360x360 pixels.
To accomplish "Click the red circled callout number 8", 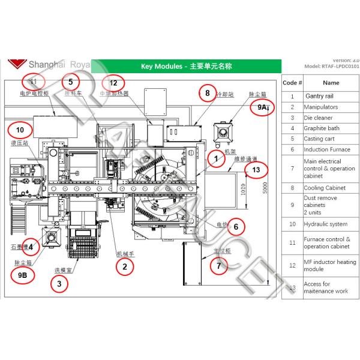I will click(x=207, y=94).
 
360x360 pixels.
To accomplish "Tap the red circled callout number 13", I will click(x=256, y=170).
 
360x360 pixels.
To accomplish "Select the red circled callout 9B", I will click(x=23, y=275).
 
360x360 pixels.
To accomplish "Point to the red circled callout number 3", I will click(x=58, y=284).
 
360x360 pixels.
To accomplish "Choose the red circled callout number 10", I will click(x=19, y=129).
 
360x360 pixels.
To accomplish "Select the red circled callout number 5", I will click(x=70, y=82).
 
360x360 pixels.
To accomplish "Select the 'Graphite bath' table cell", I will click(x=321, y=128).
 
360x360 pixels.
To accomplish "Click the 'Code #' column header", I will click(x=292, y=83).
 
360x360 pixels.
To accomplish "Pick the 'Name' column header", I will click(x=331, y=83).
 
